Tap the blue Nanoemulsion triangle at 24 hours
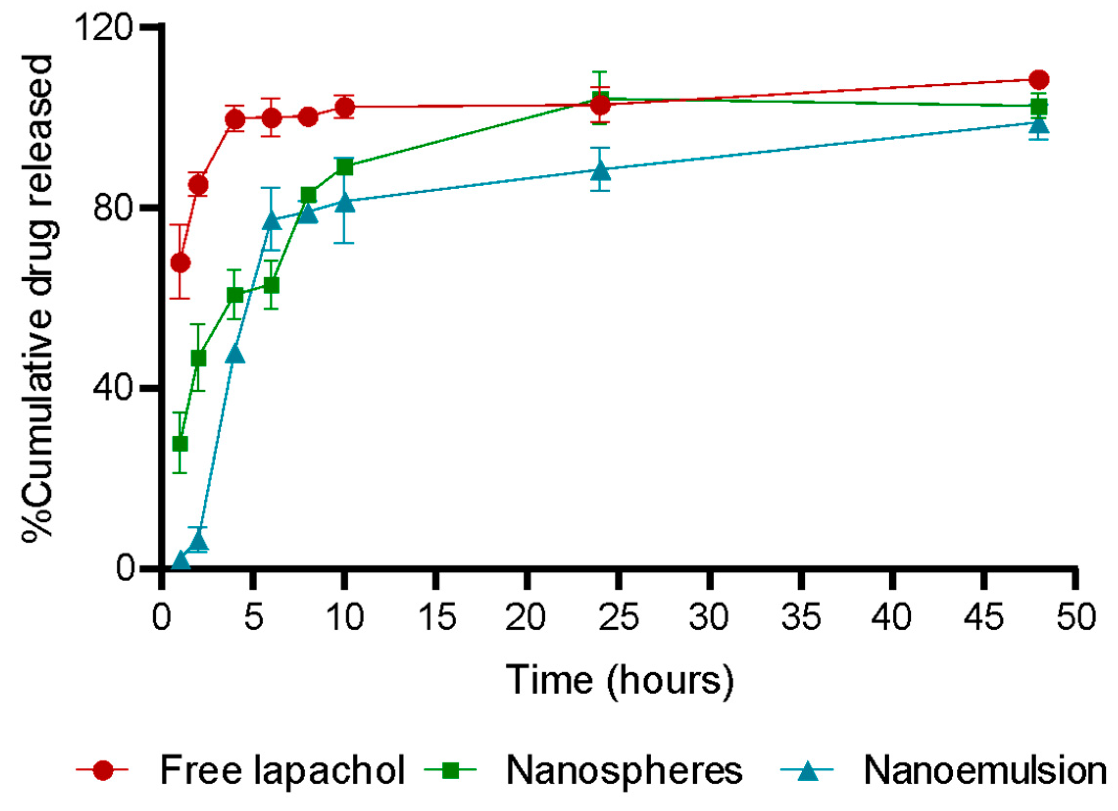pos(600,171)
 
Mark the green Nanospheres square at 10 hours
pos(344,167)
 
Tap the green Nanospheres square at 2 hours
pos(198,358)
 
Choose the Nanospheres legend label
pos(624,770)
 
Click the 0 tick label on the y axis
pos(125,568)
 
